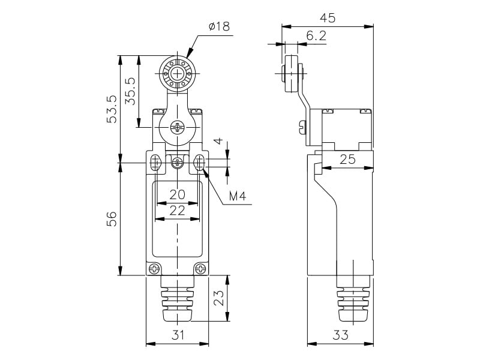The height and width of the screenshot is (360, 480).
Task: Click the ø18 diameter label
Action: pyautogui.click(x=219, y=26)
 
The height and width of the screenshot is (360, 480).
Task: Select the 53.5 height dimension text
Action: pyautogui.click(x=112, y=108)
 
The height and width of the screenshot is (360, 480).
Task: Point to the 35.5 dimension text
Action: pyautogui.click(x=130, y=91)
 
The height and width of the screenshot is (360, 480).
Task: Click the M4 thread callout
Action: pyautogui.click(x=238, y=196)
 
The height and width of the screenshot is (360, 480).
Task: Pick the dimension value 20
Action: pyautogui.click(x=177, y=194)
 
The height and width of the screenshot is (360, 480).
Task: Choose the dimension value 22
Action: pyautogui.click(x=177, y=210)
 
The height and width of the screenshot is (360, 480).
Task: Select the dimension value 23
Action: pyautogui.click(x=220, y=298)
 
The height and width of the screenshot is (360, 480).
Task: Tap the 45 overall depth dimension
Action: pyautogui.click(x=328, y=18)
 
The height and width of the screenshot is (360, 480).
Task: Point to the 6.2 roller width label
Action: pyautogui.click(x=316, y=36)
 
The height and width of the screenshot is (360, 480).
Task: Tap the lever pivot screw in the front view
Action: pyautogui.click(x=178, y=127)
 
